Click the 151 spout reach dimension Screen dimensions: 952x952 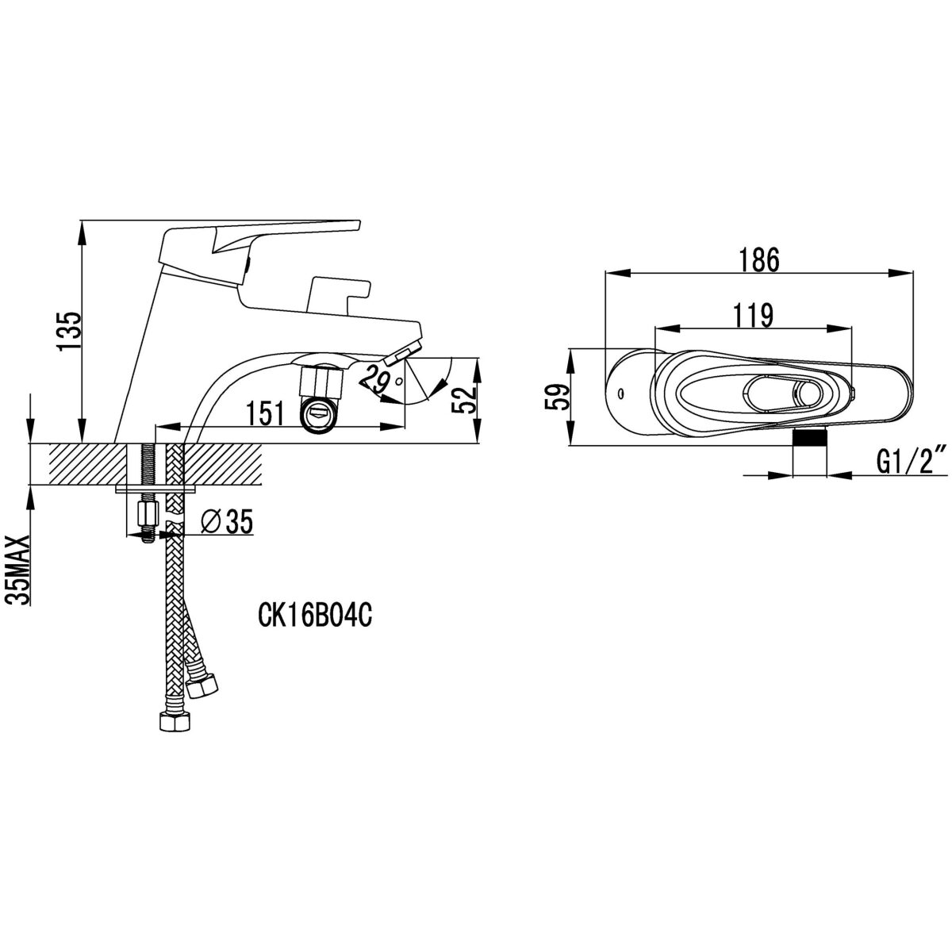[x=265, y=413]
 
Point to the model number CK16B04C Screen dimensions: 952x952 [x=315, y=616]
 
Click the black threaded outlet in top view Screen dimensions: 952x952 [x=809, y=438]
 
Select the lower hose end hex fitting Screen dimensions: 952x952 [x=175, y=722]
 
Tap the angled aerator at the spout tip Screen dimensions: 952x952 [x=404, y=354]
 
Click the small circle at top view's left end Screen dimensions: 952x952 [x=620, y=393]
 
